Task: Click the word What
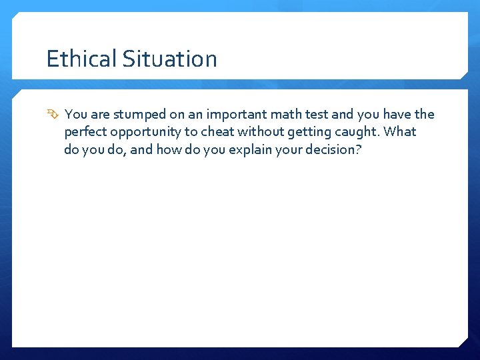(x=400, y=132)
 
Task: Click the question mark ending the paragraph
(x=358, y=149)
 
